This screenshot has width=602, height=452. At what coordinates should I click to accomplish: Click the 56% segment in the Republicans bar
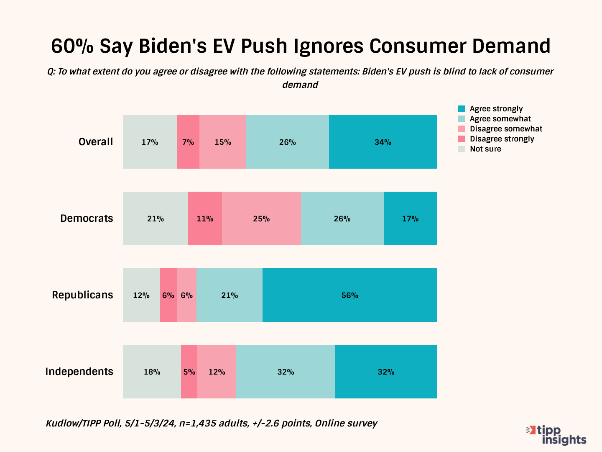tap(349, 295)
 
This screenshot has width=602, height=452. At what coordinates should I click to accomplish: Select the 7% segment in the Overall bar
tap(188, 142)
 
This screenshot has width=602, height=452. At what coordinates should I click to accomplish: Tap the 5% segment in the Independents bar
tap(189, 372)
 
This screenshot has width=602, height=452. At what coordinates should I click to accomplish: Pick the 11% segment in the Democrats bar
tap(205, 218)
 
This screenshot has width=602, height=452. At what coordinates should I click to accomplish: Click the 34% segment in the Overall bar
tap(383, 142)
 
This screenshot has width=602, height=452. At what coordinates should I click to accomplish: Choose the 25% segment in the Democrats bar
tap(261, 218)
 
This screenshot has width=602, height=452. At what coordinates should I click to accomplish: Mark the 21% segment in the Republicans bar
tap(230, 295)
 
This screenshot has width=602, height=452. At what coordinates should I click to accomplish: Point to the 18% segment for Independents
tap(152, 372)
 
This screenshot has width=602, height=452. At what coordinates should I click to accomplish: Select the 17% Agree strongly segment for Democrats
tap(410, 218)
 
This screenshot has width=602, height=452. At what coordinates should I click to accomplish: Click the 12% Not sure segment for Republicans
tap(141, 295)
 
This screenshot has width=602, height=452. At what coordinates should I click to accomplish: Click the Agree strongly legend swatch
tap(462, 109)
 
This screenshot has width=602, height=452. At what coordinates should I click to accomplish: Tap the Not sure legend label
tap(485, 149)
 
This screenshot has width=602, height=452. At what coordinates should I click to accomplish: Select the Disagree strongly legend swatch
tap(462, 139)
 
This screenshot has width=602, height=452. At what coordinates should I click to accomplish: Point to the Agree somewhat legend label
tap(500, 119)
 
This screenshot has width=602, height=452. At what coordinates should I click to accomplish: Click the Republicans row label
tap(82, 295)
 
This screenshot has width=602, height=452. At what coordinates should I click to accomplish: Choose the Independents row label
tap(79, 372)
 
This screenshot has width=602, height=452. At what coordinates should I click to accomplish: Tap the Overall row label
tap(96, 142)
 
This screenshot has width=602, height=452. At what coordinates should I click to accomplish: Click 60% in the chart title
tap(72, 46)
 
